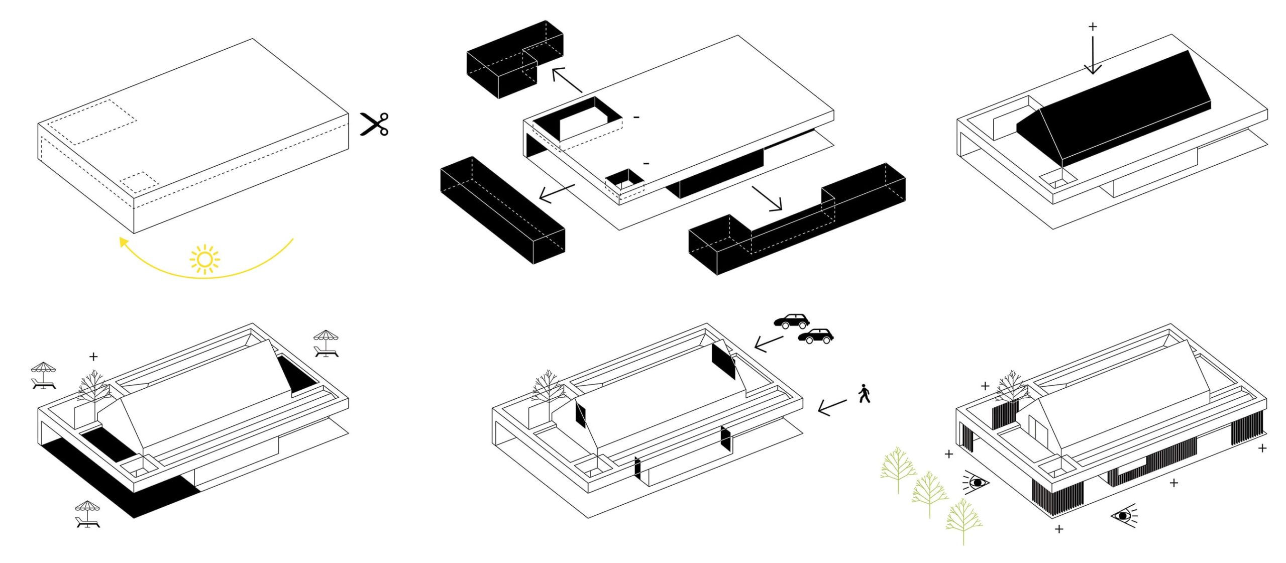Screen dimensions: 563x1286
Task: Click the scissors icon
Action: click(374, 124)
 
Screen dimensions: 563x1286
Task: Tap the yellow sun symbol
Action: click(204, 259)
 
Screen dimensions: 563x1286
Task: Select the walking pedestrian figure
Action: click(864, 394)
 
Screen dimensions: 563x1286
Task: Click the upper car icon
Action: click(792, 321)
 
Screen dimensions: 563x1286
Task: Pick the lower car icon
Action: click(815, 336)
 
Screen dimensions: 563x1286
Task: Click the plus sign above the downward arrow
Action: click(1093, 27)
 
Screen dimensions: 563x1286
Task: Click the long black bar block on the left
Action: click(502, 208)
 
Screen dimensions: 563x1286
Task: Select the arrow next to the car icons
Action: click(769, 344)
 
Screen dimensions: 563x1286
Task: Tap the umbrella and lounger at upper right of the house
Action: click(326, 344)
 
